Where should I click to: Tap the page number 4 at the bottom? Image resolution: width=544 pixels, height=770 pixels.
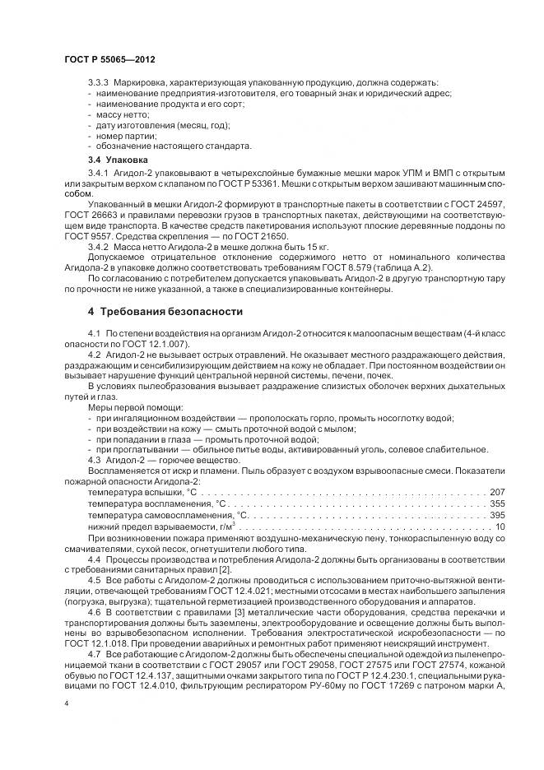point(66,706)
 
